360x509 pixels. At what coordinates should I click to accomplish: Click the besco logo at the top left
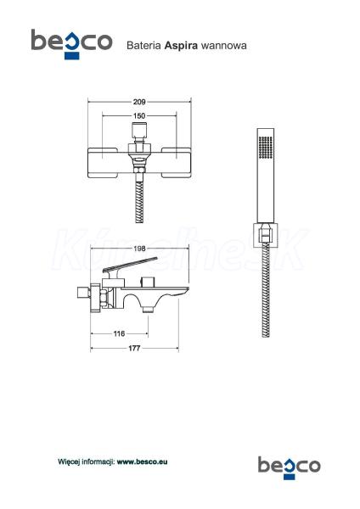pyautogui.click(x=71, y=44)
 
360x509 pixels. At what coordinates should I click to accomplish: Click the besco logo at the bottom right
pyautogui.click(x=289, y=467)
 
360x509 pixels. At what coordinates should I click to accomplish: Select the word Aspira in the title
pyautogui.click(x=181, y=46)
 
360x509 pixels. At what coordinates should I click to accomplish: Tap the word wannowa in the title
pyautogui.click(x=223, y=46)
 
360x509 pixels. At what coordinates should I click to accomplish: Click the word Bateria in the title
pyautogui.click(x=144, y=45)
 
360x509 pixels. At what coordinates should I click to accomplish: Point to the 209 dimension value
pyautogui.click(x=139, y=102)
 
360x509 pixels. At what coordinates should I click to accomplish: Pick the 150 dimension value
pyautogui.click(x=139, y=116)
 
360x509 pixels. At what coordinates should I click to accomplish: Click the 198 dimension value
pyautogui.click(x=139, y=249)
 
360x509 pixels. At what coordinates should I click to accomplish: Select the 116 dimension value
pyautogui.click(x=119, y=333)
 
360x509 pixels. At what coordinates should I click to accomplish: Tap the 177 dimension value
pyautogui.click(x=134, y=349)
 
